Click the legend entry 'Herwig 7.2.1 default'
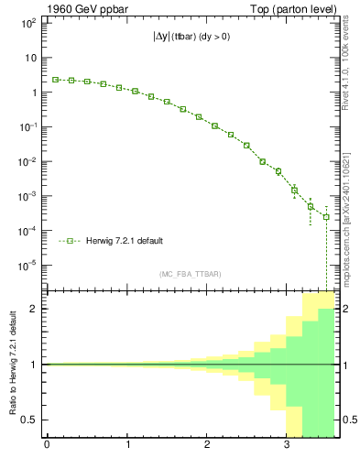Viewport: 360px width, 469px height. (125, 241)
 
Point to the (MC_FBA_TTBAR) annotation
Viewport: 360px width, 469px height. (191, 274)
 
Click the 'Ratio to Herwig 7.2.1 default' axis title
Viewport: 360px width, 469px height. (14, 364)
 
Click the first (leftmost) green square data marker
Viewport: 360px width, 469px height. (55, 80)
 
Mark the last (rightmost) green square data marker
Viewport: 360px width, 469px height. (326, 217)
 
